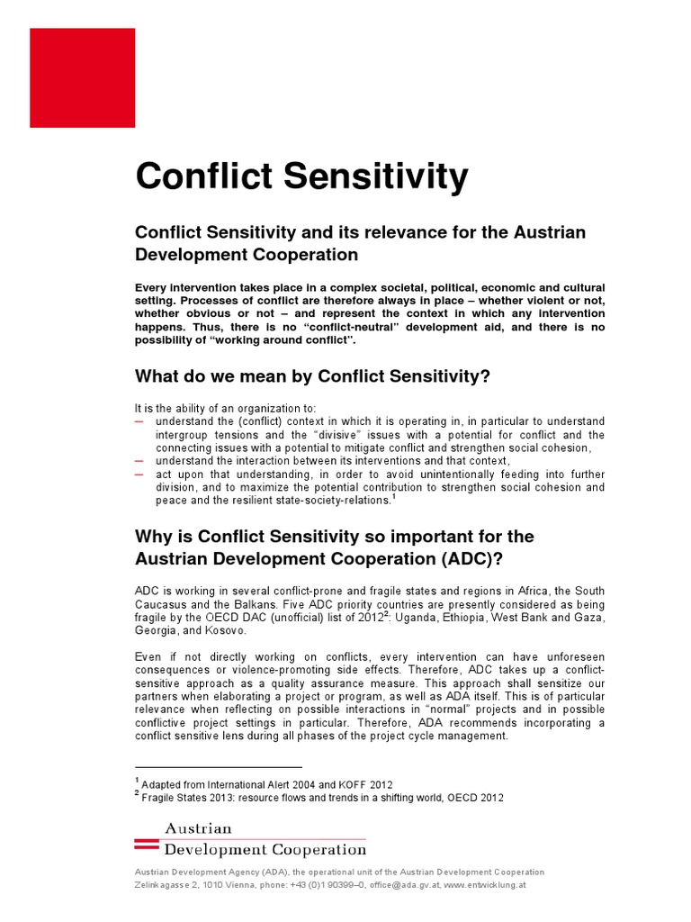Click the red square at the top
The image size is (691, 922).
pos(82,77)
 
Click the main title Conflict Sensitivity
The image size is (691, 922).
pos(301,176)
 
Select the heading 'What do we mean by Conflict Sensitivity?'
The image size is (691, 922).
pos(312,376)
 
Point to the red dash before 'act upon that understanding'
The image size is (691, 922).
pos(139,474)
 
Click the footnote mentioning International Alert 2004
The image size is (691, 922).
pos(266,784)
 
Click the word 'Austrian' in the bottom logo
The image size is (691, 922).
pos(197,828)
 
